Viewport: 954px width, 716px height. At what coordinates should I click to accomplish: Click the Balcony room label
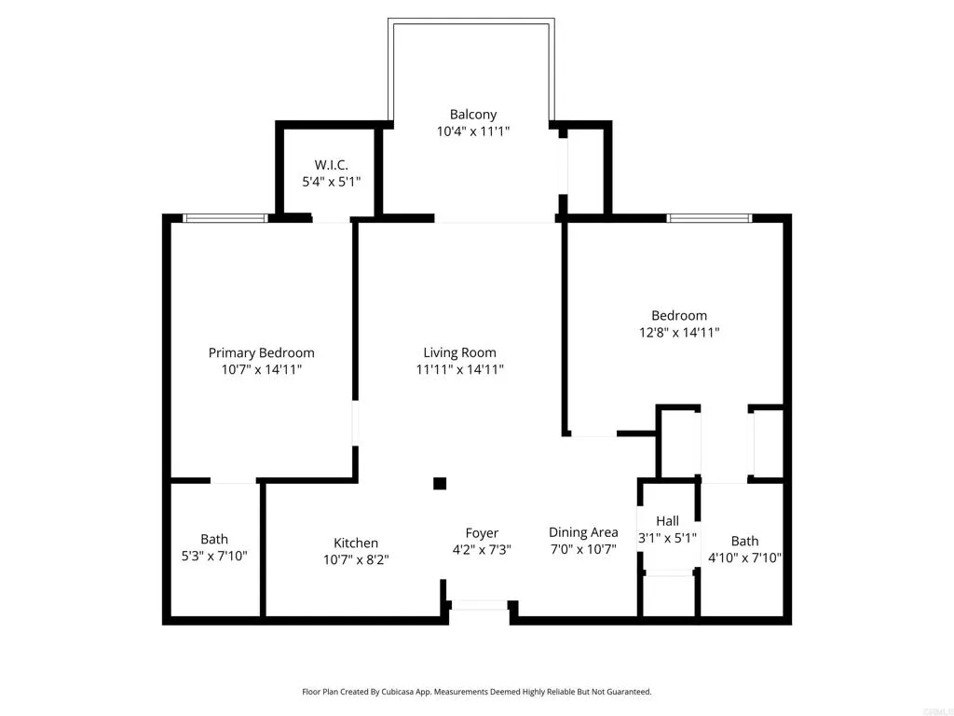(473, 115)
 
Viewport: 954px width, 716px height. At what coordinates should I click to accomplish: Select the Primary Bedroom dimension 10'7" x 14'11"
(261, 369)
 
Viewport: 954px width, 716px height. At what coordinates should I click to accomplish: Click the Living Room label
(459, 352)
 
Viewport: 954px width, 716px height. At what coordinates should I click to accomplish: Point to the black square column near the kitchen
(440, 483)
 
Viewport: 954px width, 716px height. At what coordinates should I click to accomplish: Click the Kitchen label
(356, 543)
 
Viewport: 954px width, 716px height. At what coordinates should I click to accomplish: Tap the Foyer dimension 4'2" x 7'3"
(482, 550)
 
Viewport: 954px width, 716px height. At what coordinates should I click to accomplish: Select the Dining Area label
(583, 532)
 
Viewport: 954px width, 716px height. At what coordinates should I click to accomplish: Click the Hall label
(667, 521)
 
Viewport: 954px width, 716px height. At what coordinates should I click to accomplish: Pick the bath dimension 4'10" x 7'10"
(744, 558)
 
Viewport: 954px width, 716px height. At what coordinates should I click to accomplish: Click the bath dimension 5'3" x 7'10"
(214, 556)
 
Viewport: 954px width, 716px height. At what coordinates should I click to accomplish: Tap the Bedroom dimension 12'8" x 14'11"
(678, 332)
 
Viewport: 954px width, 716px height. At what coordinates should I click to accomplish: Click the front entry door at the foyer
(479, 605)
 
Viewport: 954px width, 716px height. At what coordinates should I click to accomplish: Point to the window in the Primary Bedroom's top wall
(225, 218)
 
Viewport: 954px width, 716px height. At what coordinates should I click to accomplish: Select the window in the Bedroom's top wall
(709, 218)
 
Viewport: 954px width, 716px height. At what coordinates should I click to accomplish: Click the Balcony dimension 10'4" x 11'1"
(473, 131)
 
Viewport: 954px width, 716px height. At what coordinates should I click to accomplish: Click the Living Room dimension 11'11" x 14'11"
(459, 369)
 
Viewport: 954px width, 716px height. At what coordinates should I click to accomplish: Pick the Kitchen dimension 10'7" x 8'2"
(356, 559)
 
